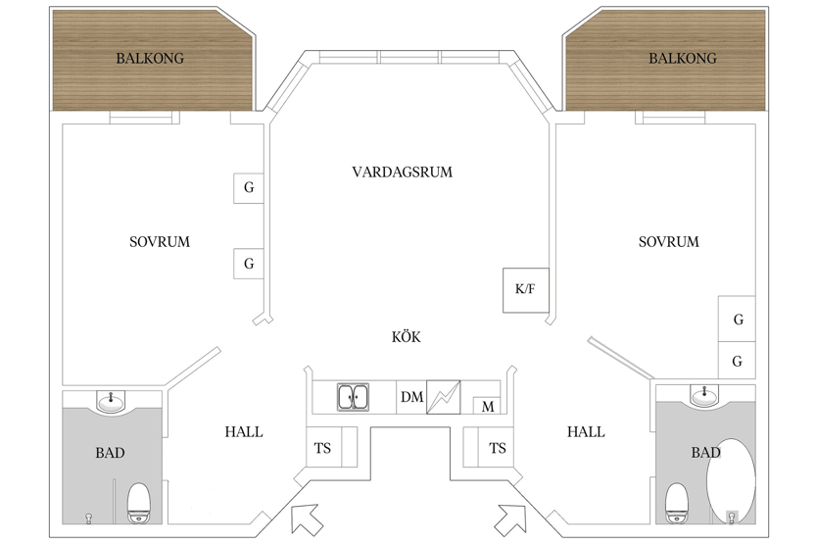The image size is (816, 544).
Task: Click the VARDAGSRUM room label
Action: (x=403, y=172)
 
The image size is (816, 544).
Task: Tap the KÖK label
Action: (x=406, y=337)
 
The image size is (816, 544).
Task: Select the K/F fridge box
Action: (x=526, y=290)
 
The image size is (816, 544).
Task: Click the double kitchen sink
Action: (x=353, y=397)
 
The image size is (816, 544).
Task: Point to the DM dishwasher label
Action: (x=411, y=397)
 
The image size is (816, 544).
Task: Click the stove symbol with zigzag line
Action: (x=444, y=397)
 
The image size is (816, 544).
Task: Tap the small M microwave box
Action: (x=487, y=406)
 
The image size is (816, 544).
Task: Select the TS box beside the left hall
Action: (x=331, y=447)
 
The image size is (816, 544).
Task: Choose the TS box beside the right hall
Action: (x=488, y=447)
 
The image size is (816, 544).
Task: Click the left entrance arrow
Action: (x=305, y=519)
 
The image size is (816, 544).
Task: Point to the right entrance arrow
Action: (x=510, y=519)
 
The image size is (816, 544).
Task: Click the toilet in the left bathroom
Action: (x=139, y=503)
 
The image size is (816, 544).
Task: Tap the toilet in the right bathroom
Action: (x=677, y=503)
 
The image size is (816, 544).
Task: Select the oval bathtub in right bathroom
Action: (x=731, y=481)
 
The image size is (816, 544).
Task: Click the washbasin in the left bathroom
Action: (x=111, y=401)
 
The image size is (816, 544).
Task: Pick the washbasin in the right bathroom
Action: (x=704, y=395)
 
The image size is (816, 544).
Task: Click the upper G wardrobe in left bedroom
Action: (x=248, y=188)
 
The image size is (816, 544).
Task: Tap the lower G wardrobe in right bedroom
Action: (x=737, y=361)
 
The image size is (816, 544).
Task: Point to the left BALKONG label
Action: (x=150, y=58)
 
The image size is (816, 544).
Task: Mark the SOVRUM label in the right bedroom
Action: (x=669, y=241)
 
